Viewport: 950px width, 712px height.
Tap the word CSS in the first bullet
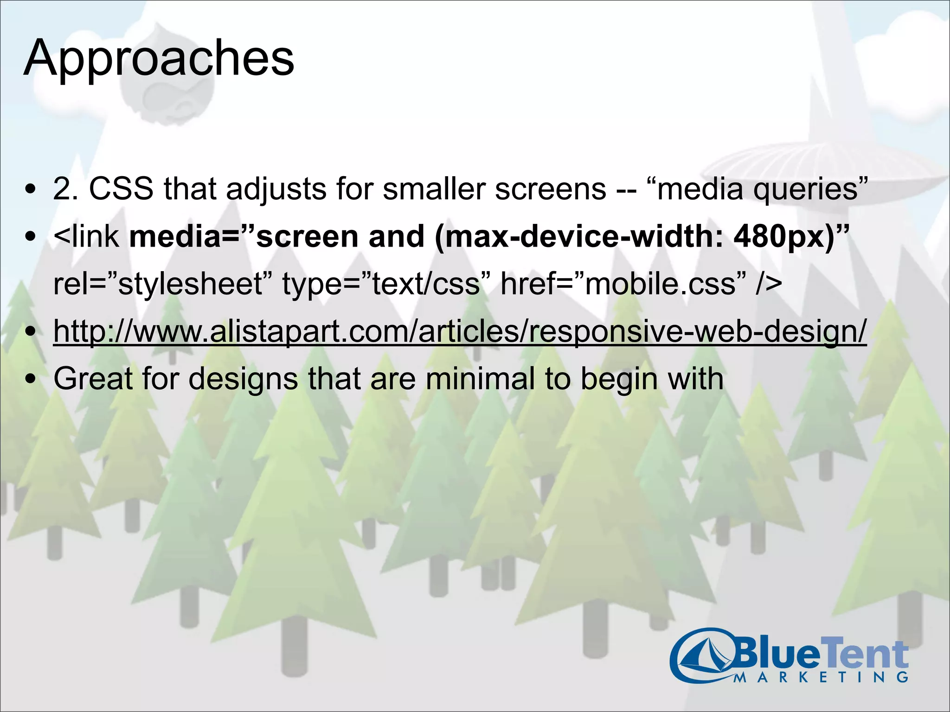pyautogui.click(x=121, y=189)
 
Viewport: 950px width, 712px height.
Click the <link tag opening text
pyautogui.click(x=86, y=236)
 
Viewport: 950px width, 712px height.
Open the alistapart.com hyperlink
pyautogui.click(x=459, y=331)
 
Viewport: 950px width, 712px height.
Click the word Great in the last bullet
pyautogui.click(x=93, y=379)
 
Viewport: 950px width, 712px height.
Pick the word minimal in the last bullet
pyautogui.click(x=481, y=379)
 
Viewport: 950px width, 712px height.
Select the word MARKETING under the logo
pyautogui.click(x=821, y=677)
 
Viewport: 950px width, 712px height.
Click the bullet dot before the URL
pyautogui.click(x=31, y=332)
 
